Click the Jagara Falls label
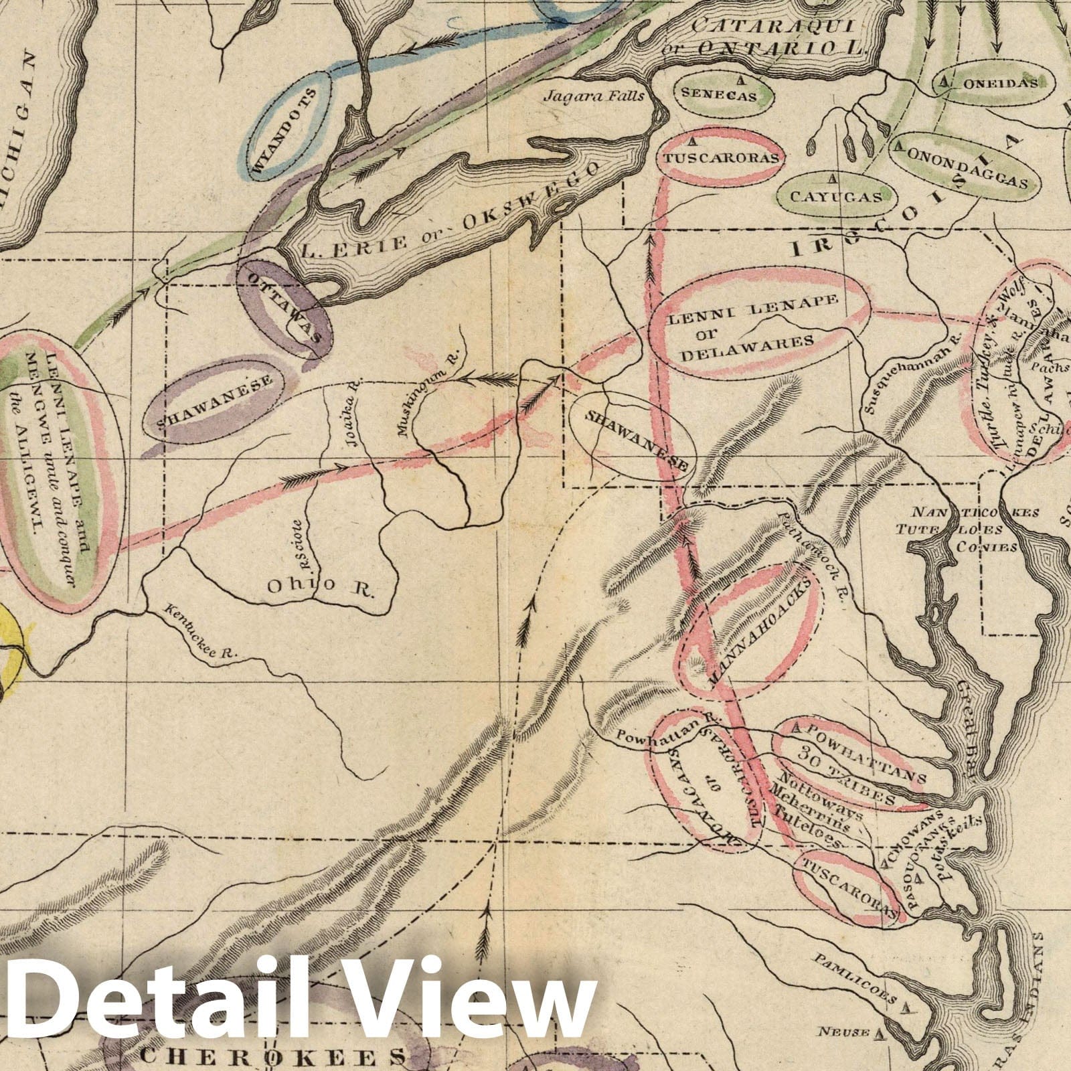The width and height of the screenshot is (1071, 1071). tap(593, 96)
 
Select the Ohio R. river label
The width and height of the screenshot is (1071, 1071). tap(321, 587)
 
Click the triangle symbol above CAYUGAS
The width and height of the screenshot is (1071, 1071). tap(833, 178)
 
